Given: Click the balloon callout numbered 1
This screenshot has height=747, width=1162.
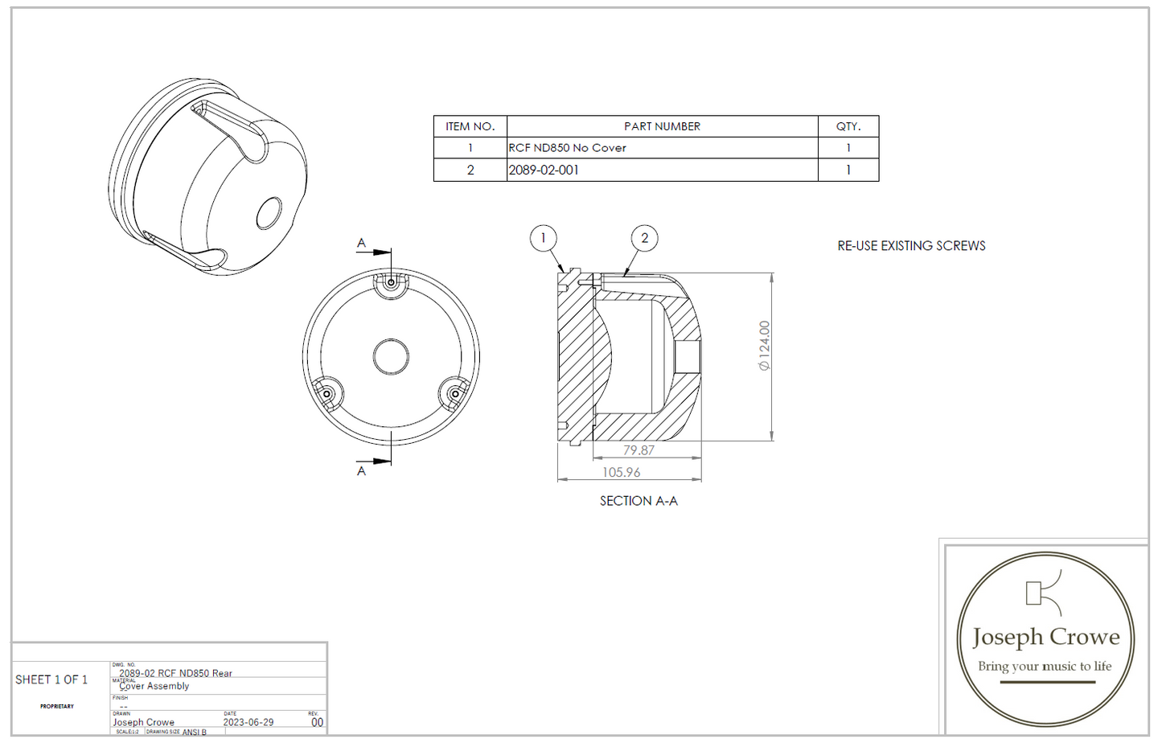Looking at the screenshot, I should click(x=543, y=238).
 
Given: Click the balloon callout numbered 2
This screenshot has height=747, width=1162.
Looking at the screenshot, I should click(x=644, y=238).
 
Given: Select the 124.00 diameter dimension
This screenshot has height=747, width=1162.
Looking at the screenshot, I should click(x=764, y=346).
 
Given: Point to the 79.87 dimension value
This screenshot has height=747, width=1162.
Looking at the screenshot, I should click(x=638, y=450).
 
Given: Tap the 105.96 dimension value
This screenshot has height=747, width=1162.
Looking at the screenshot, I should click(x=622, y=472).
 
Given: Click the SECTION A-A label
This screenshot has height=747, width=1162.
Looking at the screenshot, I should click(x=638, y=501).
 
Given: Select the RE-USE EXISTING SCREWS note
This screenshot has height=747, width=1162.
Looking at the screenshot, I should click(x=911, y=246).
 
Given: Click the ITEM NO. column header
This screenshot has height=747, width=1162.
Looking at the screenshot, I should click(x=470, y=126).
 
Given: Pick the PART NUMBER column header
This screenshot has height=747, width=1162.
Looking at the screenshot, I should click(x=662, y=126).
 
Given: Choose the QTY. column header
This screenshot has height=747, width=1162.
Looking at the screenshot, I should click(x=848, y=126).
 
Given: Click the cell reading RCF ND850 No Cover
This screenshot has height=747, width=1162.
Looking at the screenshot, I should click(x=567, y=148).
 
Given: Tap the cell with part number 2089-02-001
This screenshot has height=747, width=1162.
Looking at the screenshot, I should click(x=544, y=170).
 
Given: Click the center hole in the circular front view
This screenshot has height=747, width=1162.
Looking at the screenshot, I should click(x=391, y=356).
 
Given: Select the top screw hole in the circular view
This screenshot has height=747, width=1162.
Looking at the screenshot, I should click(x=392, y=282).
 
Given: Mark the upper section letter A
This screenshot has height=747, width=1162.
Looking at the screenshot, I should click(x=361, y=243).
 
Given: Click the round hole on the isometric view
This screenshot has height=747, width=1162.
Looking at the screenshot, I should click(x=269, y=214).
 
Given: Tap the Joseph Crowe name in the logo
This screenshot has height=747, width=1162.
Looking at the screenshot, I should click(x=1045, y=637).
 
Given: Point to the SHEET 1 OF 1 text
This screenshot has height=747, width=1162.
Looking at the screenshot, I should click(x=51, y=679).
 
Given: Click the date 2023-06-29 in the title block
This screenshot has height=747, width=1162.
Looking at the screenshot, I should click(x=248, y=722).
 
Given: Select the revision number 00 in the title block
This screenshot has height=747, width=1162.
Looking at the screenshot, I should click(x=317, y=722).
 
